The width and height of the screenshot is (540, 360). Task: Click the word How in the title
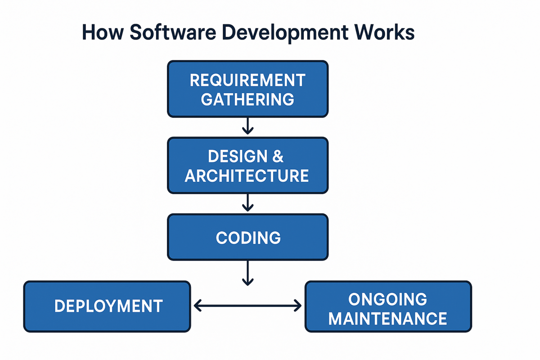103,32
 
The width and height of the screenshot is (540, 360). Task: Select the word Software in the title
173,32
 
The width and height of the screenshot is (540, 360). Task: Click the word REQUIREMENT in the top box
247,80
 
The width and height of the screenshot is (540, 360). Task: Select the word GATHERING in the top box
247,99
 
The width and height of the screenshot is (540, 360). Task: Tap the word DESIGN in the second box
238,156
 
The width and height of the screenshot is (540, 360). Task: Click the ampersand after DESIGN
278,156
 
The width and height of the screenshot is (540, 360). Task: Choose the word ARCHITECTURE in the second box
247,175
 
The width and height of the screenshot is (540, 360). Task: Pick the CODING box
248,237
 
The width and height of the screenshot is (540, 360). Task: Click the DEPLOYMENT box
107,306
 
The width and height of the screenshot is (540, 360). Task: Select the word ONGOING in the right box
387,299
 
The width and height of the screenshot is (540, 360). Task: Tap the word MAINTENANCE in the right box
387,319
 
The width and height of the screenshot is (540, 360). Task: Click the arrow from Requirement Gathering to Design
247,126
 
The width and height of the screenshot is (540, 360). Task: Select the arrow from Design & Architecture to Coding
247,202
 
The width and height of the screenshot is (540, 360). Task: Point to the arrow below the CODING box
247,273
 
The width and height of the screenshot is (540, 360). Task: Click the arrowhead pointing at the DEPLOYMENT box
197,306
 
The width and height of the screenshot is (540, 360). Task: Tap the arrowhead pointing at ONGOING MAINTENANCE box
298,306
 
